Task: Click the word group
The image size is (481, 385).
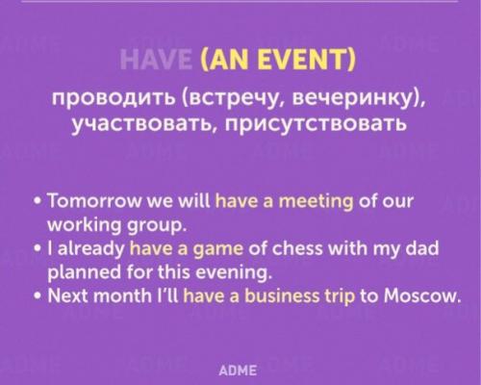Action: click(x=152, y=226)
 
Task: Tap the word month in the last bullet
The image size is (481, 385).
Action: click(x=120, y=295)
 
